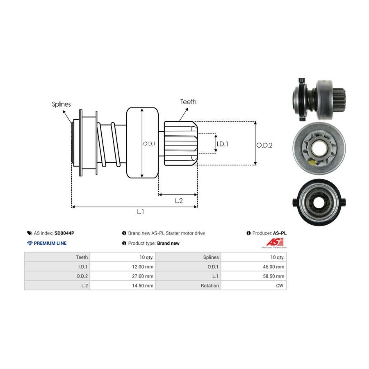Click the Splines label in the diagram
[61, 104]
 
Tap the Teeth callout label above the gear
[188, 102]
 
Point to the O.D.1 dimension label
[148, 143]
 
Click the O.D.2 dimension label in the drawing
[264, 145]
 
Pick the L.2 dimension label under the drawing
[179, 200]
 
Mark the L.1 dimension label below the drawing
[140, 212]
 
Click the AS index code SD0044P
[64, 233]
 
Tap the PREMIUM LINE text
[50, 243]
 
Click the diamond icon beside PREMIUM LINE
[30, 243]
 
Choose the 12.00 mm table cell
[123, 266]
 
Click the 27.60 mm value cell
[123, 276]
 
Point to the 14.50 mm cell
[123, 285]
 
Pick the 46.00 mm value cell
[253, 266]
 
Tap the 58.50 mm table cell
[253, 276]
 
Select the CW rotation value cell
[253, 285]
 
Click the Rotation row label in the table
[188, 285]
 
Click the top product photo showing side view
[318, 98]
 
